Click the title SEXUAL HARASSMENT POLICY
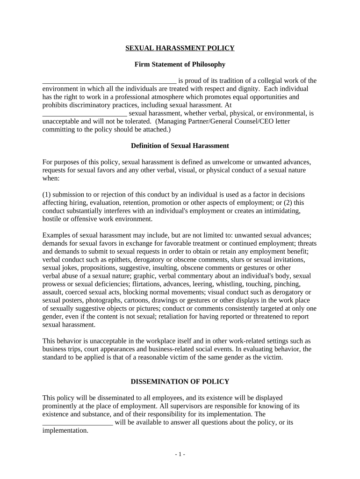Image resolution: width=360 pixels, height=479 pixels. point(180,48)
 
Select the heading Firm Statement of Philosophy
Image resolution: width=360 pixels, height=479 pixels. point(180,64)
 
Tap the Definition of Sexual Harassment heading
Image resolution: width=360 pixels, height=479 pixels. point(180,146)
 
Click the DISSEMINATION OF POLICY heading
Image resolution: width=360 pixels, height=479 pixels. point(180,382)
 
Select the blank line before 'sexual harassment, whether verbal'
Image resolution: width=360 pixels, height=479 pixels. point(85,114)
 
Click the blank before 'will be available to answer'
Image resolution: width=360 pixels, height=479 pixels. point(78,423)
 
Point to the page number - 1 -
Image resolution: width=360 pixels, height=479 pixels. point(180,454)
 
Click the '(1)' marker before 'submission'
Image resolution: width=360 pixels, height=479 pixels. point(47,194)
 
